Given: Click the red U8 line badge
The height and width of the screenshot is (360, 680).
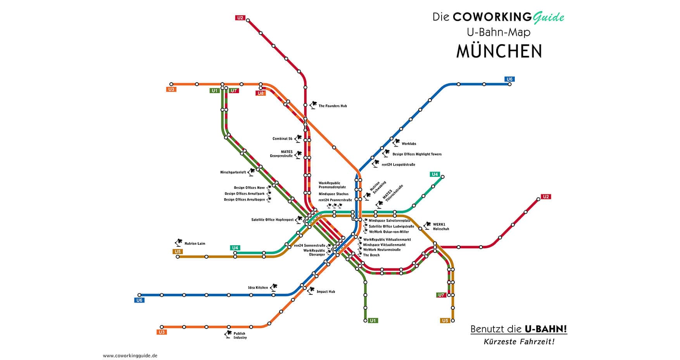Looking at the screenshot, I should coord(260,93).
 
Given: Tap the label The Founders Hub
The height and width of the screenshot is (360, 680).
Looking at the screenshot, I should coord(333,106).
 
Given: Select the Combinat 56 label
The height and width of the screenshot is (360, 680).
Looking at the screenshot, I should coord(282,138).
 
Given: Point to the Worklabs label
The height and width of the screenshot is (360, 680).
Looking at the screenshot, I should coord(409,144).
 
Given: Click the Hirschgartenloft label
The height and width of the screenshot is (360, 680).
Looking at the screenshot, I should coord(233,172).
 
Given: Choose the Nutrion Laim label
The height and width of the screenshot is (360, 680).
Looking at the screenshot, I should coord(195,244).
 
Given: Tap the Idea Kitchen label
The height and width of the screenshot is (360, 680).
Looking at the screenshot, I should coord(258,288).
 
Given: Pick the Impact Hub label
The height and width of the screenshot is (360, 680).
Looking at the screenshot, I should coord(326,292).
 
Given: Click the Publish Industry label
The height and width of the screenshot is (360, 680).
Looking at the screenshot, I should coord(240,336).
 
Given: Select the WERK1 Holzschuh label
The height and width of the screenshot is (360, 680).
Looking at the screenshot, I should coord(441,227).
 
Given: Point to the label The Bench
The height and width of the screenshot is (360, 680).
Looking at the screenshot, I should coord(371,255).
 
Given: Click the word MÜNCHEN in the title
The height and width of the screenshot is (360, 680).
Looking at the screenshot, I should coord(499,51).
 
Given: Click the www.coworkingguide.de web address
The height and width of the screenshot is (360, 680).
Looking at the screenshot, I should coord(130,355).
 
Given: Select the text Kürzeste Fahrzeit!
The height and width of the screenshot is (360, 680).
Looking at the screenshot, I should coord(519,342).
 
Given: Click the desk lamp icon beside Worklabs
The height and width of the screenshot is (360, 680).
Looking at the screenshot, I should coord(396,142).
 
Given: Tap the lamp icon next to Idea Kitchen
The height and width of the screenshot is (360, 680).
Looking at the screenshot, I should coord(274,287).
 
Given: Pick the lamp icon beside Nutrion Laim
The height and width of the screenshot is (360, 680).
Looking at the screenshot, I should coord(179,243).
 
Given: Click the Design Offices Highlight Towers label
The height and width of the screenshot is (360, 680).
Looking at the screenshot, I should coord(417,154).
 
